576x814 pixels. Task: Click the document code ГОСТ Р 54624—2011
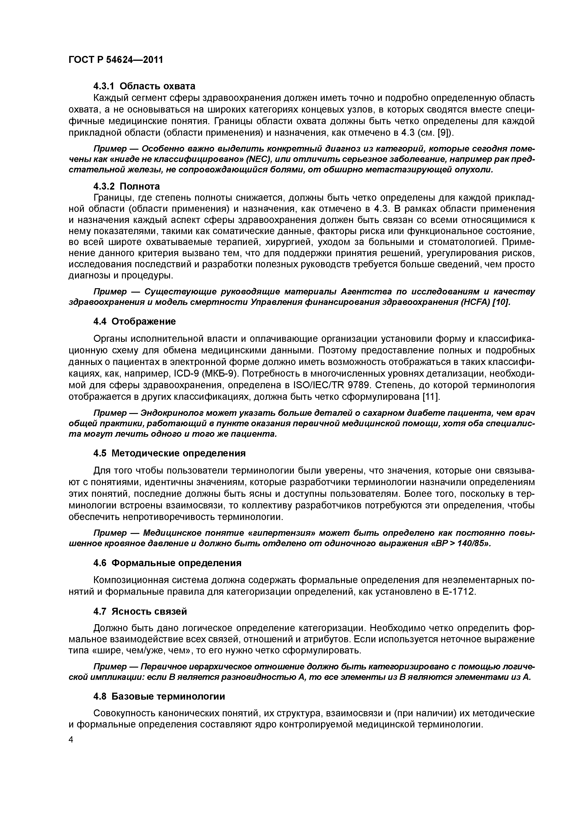click(115, 60)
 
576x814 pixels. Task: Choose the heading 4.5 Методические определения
click(169, 453)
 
